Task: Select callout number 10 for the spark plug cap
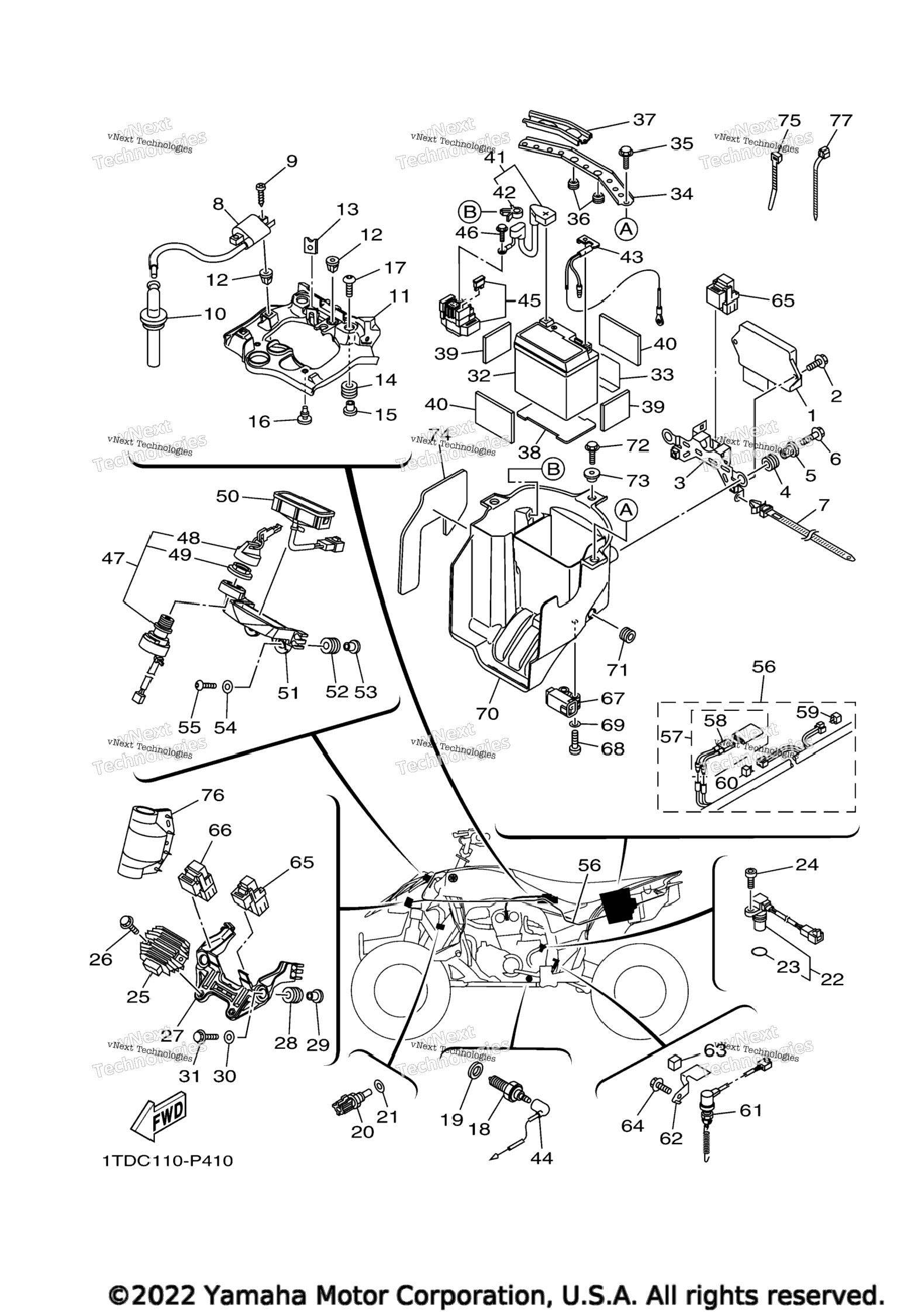pyautogui.click(x=215, y=314)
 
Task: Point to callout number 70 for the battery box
pyautogui.click(x=487, y=713)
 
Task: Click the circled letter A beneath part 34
pyautogui.click(x=626, y=229)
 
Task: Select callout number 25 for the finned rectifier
pyautogui.click(x=138, y=996)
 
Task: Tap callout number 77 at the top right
pyautogui.click(x=841, y=120)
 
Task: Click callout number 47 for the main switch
pyautogui.click(x=113, y=558)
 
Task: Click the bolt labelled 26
pyautogui.click(x=126, y=924)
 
